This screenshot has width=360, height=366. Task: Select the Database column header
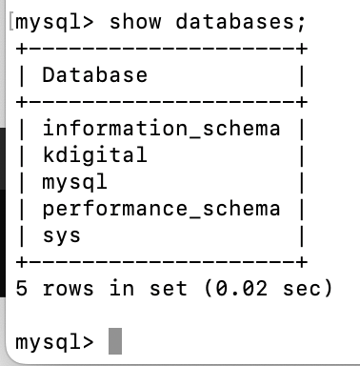click(94, 74)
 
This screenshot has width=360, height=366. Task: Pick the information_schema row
click(161, 128)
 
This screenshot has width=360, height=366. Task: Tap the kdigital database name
click(94, 153)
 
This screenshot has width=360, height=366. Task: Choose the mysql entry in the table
click(75, 180)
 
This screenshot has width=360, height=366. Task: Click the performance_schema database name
click(161, 207)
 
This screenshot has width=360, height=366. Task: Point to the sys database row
click(62, 234)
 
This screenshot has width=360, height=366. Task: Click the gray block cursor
click(115, 340)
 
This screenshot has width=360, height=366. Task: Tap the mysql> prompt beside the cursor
click(55, 340)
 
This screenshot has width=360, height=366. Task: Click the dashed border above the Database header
click(161, 47)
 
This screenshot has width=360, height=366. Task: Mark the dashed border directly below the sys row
click(161, 259)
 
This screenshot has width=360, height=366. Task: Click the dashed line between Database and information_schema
click(161, 100)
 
